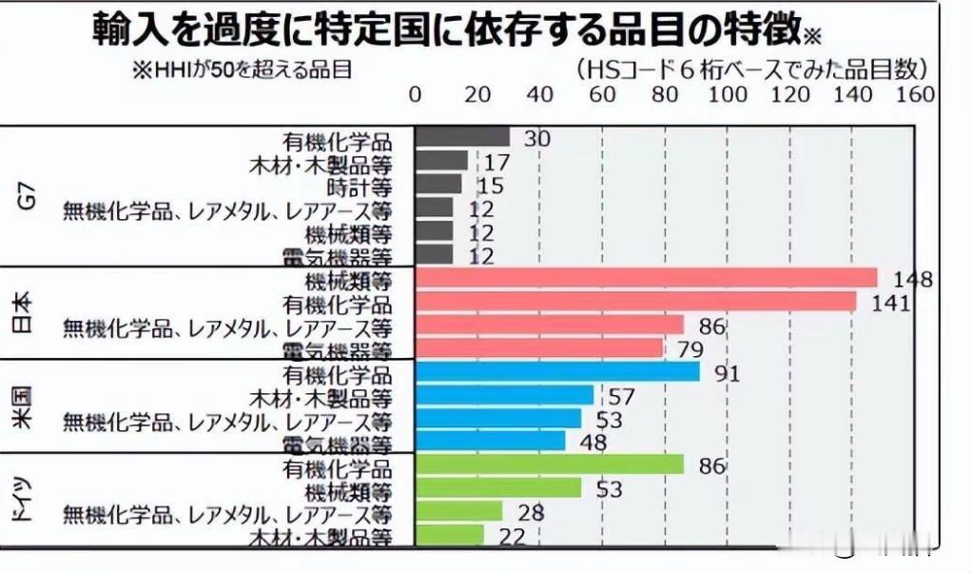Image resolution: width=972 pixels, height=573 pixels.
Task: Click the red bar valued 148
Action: click(647, 278)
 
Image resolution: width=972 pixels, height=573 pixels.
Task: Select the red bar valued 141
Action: click(636, 302)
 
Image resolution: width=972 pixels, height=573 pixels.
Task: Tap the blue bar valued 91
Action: click(557, 372)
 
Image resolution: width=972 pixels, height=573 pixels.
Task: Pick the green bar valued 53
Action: click(498, 488)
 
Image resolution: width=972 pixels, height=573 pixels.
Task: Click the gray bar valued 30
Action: click(462, 137)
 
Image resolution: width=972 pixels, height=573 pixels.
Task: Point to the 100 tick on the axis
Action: click(729, 94)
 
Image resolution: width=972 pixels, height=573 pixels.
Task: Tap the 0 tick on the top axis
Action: click(416, 94)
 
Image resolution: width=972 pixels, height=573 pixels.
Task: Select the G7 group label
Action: click(28, 198)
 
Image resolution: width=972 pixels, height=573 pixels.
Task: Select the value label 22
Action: click(512, 537)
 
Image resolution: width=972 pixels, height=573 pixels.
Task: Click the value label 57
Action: click(621, 395)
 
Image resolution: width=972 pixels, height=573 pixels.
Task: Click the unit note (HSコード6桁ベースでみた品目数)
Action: click(751, 69)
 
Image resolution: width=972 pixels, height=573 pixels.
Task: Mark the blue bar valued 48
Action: click(491, 442)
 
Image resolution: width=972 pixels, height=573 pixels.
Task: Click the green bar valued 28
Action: click(458, 512)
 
